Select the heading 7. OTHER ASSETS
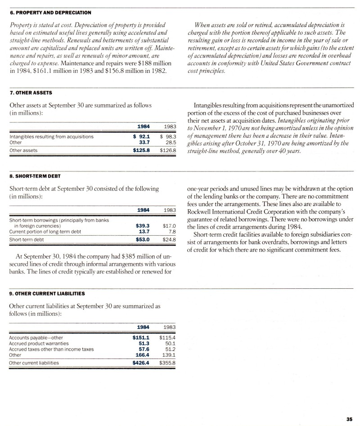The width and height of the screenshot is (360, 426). [31, 93]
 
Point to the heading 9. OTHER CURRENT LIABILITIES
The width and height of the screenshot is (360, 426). [47, 294]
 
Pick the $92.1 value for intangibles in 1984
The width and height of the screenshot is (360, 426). [141, 136]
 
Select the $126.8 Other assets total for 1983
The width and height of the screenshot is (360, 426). [167, 150]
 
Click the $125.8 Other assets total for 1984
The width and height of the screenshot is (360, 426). [141, 150]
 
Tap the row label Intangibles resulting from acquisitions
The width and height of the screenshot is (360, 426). [51, 136]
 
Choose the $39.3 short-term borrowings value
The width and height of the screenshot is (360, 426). [142, 226]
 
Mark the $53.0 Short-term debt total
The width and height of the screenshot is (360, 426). [142, 240]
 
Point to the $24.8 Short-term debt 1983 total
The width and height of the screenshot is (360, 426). [169, 240]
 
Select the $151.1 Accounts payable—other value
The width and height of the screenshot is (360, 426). [141, 337]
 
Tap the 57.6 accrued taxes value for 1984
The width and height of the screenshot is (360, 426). [144, 349]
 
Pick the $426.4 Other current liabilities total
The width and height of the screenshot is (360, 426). [141, 363]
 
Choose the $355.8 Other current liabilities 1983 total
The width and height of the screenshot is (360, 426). [167, 363]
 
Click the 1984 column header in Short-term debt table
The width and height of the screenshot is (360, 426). [143, 210]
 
